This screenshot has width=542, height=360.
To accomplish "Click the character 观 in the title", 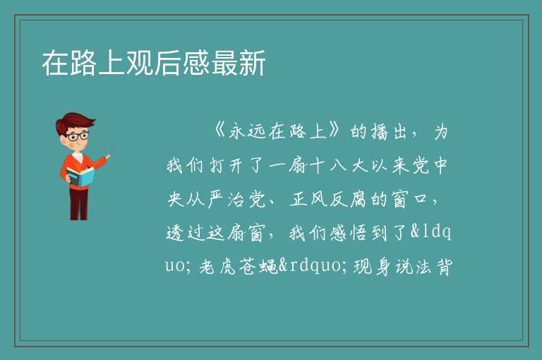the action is click(140, 63).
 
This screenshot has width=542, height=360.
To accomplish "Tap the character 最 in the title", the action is click(224, 63).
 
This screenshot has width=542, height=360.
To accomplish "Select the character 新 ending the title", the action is click(252, 63).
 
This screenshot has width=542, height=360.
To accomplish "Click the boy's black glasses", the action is click(78, 136).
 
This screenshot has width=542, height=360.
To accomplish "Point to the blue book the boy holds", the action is click(80, 176).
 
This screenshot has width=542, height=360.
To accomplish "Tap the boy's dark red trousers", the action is click(78, 204).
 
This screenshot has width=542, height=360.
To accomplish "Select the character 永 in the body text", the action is click(238, 131).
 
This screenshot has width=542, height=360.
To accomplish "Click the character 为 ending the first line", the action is click(441, 131).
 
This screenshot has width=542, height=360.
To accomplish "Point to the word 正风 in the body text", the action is click(308, 199).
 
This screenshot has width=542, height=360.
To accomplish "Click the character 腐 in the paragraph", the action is click(358, 199).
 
